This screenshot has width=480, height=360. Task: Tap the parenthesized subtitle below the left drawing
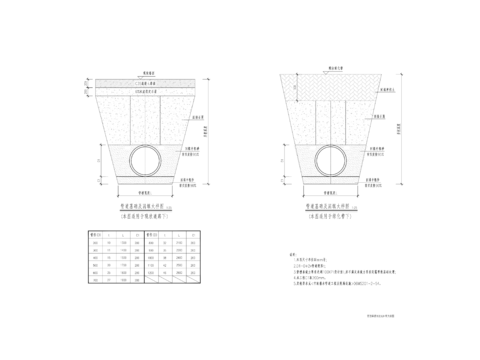tap(143, 213)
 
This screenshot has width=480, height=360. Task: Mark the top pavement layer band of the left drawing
tap(144, 82)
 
